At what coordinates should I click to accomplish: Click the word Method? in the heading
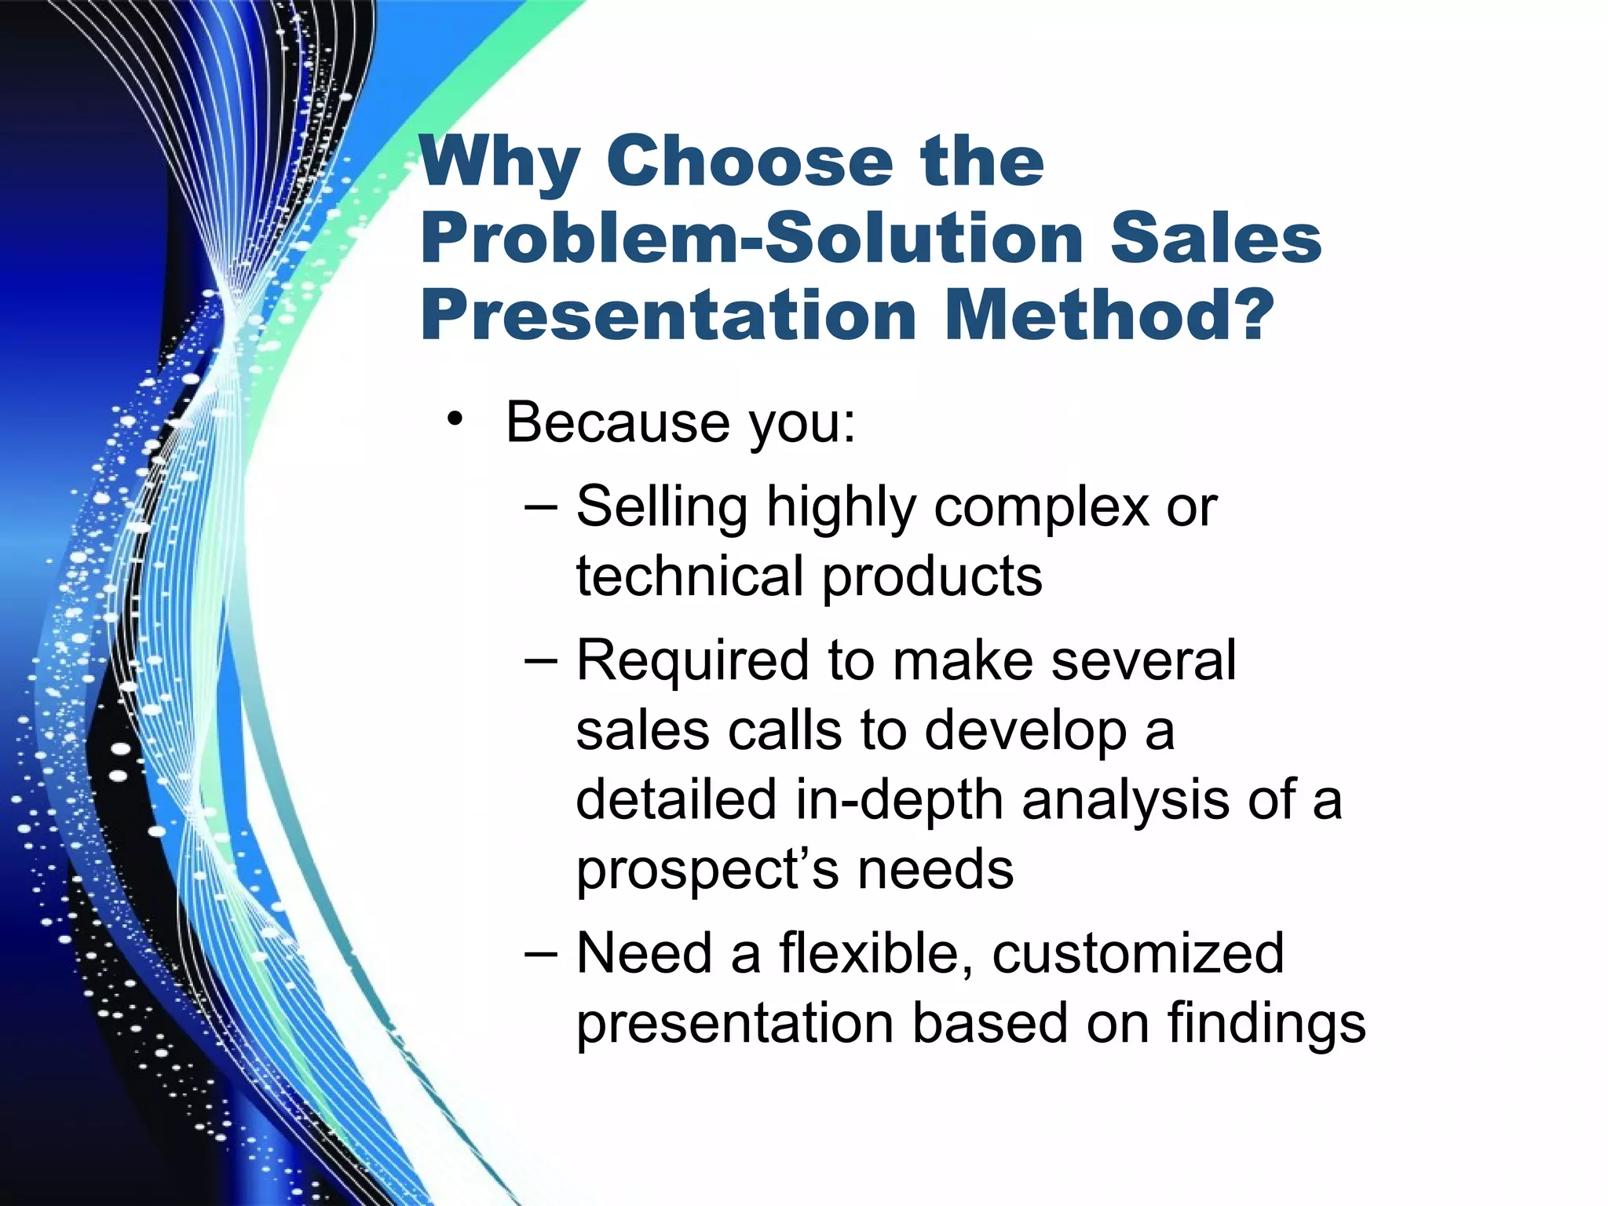(x=1109, y=316)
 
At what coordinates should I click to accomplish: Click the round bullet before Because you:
(x=455, y=419)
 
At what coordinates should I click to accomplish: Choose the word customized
(x=1138, y=954)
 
